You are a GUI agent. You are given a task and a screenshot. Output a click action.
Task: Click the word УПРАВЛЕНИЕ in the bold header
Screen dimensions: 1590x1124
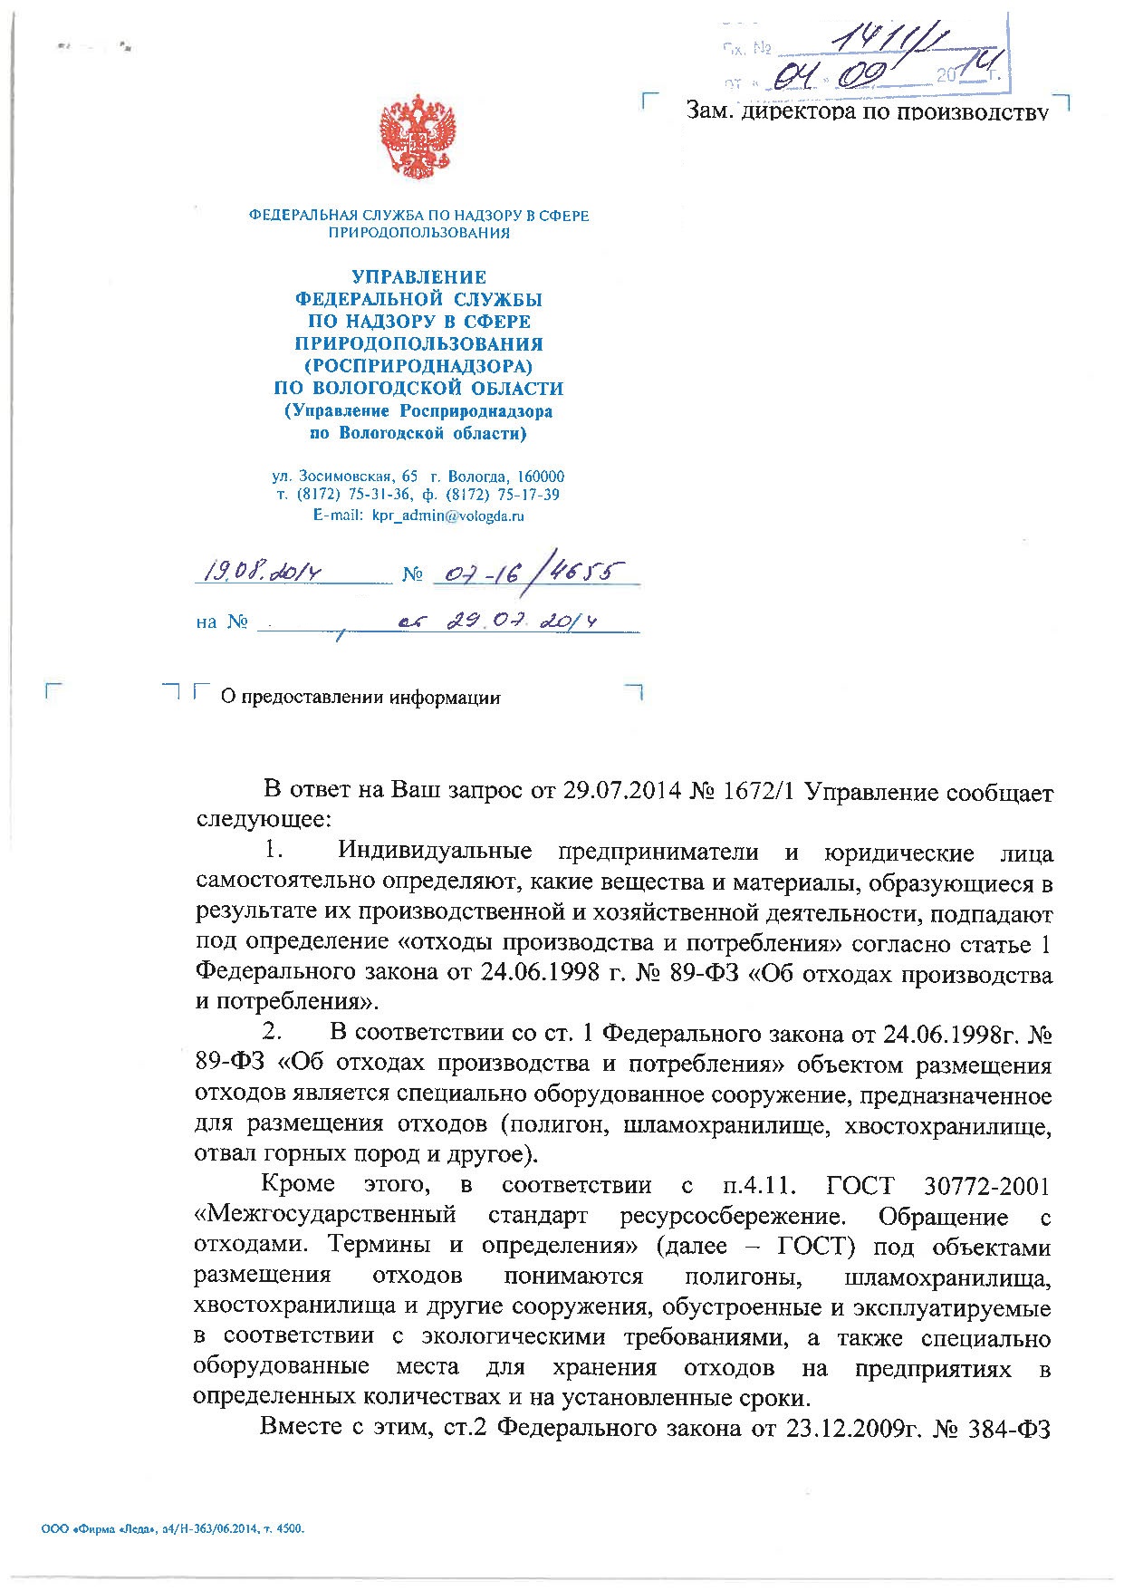pyautogui.click(x=418, y=277)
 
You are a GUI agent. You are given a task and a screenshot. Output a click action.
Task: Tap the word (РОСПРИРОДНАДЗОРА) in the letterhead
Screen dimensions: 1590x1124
pyautogui.click(x=418, y=366)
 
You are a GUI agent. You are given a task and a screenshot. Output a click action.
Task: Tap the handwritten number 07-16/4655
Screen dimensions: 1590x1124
pyautogui.click(x=525, y=571)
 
